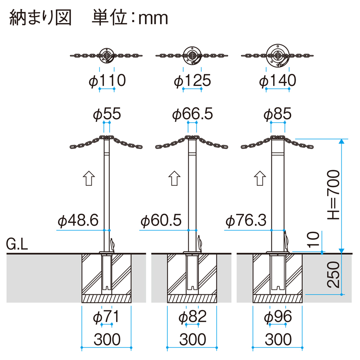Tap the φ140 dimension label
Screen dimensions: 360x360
278,81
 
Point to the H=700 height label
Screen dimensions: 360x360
333,194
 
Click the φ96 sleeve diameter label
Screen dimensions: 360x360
278,317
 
